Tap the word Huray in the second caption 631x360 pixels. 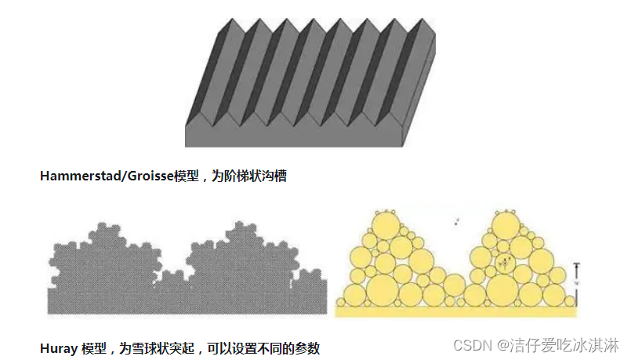pyautogui.click(x=58, y=347)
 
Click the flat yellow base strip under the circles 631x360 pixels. pyautogui.click(x=455, y=311)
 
